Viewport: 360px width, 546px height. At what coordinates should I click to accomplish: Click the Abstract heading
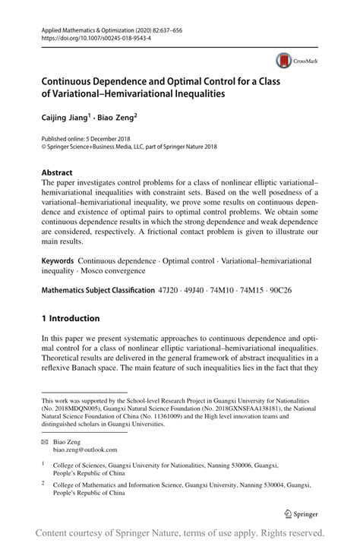click(x=58, y=172)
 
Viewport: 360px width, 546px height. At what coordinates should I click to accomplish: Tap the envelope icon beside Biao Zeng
click(x=46, y=439)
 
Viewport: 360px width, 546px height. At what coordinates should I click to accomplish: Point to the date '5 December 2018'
click(x=115, y=140)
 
